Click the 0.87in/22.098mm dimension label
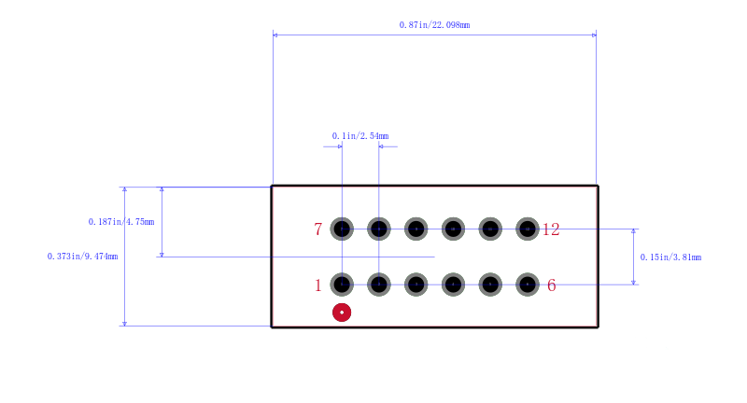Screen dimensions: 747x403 tap(434, 25)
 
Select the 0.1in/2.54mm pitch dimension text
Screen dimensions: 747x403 tap(360, 136)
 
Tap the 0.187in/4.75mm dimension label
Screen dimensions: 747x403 tap(121, 222)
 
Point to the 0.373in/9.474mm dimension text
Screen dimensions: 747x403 tap(82, 257)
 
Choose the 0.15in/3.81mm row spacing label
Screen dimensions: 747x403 tap(670, 257)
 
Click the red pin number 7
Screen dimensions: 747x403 tap(317, 229)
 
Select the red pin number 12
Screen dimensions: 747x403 tap(551, 229)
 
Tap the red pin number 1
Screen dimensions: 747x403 tap(317, 285)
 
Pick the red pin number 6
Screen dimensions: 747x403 tap(551, 285)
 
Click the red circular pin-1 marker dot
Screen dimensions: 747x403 tap(342, 313)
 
